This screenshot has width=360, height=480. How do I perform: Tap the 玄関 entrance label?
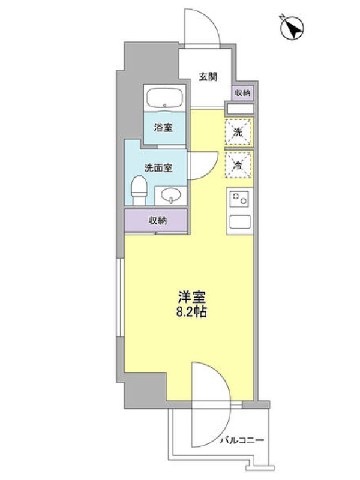208,77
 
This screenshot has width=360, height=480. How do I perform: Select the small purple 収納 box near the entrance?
243,93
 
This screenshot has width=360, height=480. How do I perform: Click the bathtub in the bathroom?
164,98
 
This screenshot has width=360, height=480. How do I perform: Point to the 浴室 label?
163,127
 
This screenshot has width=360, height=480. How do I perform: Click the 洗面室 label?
158,168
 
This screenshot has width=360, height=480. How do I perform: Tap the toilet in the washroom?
139,190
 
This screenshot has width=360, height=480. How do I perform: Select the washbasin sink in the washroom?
171,196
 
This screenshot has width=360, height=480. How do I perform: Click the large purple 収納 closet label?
158,220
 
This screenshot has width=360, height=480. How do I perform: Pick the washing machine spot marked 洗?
238,132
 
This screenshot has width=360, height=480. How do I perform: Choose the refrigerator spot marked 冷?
238,164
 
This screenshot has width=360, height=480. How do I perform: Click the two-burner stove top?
239,199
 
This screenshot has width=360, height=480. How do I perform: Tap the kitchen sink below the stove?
240,221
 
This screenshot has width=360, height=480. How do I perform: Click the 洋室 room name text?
192,297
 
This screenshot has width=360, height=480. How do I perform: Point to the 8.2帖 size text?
191,312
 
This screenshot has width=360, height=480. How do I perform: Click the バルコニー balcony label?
242,440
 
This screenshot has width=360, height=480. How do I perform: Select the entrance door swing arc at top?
212,22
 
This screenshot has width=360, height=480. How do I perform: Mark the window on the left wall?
120,298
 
